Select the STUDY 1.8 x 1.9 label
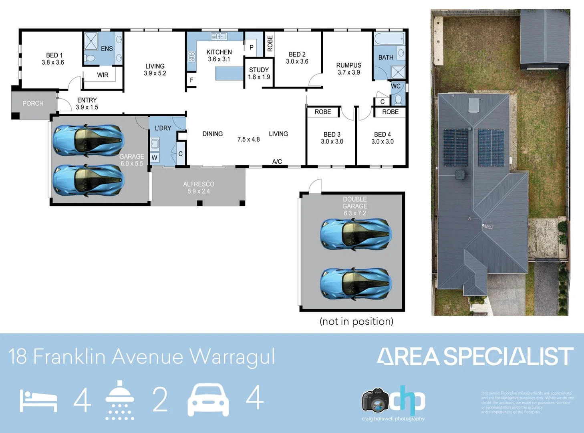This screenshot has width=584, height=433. pyautogui.click(x=259, y=73)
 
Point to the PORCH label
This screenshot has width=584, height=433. pyautogui.click(x=33, y=103)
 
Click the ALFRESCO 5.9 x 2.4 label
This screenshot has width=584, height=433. pyautogui.click(x=199, y=188)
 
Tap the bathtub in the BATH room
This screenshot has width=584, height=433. pyautogui.click(x=389, y=40)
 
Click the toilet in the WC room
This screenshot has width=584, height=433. pyautogui.click(x=398, y=99)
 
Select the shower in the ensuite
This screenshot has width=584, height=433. pyautogui.click(x=91, y=41)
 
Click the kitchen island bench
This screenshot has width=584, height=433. pyautogui.click(x=229, y=73)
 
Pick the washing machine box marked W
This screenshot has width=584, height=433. pyautogui.click(x=155, y=158)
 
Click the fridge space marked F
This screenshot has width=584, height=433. pyautogui.click(x=191, y=80)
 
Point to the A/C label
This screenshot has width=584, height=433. pyautogui.click(x=277, y=162)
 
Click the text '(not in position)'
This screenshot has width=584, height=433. pyautogui.click(x=356, y=322)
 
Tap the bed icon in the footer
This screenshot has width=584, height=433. pyautogui.click(x=38, y=401)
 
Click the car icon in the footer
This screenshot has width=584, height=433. pyautogui.click(x=208, y=400)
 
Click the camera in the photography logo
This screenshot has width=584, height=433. pyautogui.click(x=375, y=400)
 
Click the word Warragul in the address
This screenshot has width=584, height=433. pyautogui.click(x=232, y=356)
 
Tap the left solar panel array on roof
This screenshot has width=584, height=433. pyautogui.click(x=455, y=148)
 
